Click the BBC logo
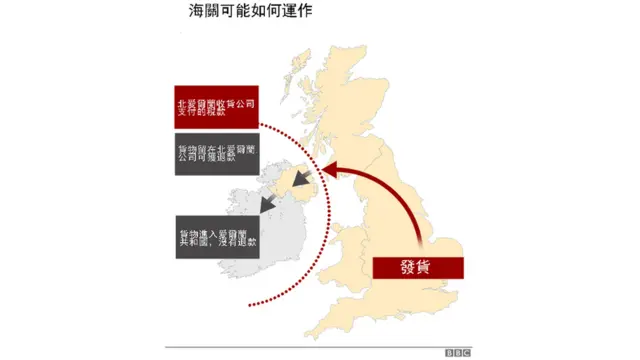pos(458,352)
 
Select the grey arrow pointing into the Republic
pos(268,204)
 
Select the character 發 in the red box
pos(407,268)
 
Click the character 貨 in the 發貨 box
pos(430,268)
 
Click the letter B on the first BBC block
pos(450,352)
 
